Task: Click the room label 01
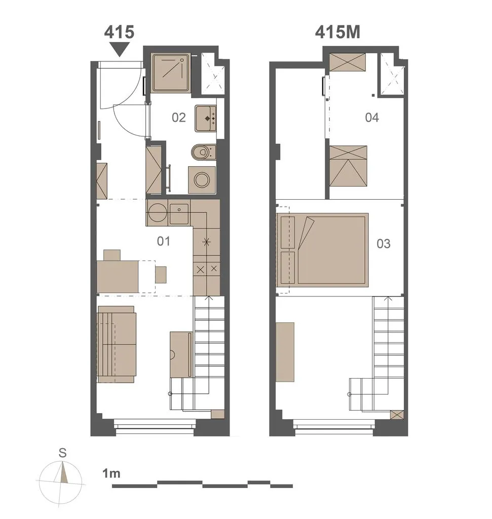coord(164,241)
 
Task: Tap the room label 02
coord(179,118)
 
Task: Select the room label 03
coord(384,244)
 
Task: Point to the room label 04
coord(372,118)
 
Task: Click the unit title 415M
coord(337,32)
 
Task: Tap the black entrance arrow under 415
coord(119,50)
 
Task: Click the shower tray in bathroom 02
coord(171,73)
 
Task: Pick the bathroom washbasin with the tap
coord(205,119)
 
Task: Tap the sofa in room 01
coord(116,344)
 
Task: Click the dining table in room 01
coord(118,277)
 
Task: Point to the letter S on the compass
coord(62,453)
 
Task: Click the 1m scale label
coord(111,473)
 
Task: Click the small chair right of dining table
coord(161,274)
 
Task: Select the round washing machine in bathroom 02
coord(202,180)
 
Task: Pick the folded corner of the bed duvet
coord(306,232)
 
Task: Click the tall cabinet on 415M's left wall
coord(285,352)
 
